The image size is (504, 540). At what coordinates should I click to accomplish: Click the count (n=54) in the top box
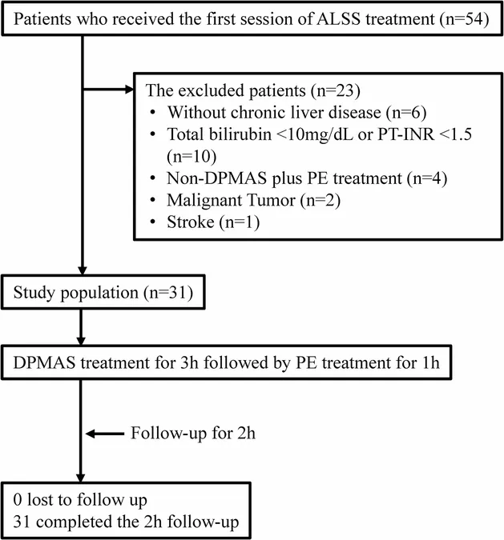[464, 19]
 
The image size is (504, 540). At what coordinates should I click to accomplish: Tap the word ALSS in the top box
[338, 18]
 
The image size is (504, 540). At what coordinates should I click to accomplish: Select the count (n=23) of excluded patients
[335, 91]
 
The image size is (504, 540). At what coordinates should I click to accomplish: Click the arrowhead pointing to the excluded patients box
[129, 90]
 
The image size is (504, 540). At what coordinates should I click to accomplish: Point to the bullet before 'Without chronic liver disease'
[153, 113]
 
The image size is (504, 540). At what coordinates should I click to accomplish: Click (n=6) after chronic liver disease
[406, 113]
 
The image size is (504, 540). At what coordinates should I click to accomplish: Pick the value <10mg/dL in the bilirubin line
[314, 134]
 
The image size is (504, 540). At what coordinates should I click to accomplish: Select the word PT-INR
[405, 134]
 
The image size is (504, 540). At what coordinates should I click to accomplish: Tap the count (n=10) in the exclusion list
[192, 157]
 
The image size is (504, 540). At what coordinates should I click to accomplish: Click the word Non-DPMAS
[216, 178]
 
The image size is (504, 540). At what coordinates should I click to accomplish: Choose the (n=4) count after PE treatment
[427, 178]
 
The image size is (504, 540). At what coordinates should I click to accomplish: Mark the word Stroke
[191, 222]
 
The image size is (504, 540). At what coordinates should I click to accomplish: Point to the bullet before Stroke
[153, 222]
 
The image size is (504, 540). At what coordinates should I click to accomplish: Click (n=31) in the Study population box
[168, 293]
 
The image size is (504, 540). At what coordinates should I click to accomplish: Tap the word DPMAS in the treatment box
[44, 363]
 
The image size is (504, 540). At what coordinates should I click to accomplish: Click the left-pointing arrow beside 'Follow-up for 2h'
[104, 434]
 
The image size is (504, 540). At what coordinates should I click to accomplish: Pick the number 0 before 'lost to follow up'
[18, 500]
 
